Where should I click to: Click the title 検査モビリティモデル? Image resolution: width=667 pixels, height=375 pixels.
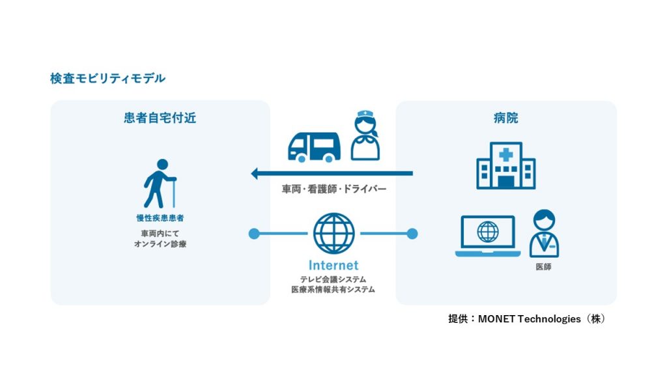pyautogui.click(x=107, y=79)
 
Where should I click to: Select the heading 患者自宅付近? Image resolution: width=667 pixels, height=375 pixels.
pyautogui.click(x=160, y=118)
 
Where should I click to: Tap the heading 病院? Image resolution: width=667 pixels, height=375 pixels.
pyautogui.click(x=505, y=118)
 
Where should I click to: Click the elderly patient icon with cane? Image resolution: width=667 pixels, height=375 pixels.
pyautogui.click(x=160, y=184)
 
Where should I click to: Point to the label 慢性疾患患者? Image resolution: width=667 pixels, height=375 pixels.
pyautogui.click(x=160, y=218)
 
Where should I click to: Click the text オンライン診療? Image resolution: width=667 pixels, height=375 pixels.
pyautogui.click(x=160, y=244)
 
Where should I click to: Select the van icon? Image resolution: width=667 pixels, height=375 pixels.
pyautogui.click(x=314, y=147)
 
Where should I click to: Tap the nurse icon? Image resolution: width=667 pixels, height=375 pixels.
pyautogui.click(x=365, y=135)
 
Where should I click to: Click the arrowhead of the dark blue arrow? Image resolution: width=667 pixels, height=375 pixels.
pyautogui.click(x=255, y=173)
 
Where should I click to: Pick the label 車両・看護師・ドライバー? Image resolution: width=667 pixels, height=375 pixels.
pyautogui.click(x=334, y=189)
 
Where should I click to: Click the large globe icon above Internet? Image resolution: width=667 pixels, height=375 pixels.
pyautogui.click(x=334, y=234)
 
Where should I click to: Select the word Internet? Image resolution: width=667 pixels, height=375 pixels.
pyautogui.click(x=333, y=266)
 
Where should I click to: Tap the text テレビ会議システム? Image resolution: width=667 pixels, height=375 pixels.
pyautogui.click(x=333, y=279)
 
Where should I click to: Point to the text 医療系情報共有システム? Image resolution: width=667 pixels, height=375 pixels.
pyautogui.click(x=333, y=290)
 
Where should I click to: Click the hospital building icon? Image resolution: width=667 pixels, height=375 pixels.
pyautogui.click(x=505, y=165)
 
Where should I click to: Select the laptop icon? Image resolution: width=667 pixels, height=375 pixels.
pyautogui.click(x=488, y=236)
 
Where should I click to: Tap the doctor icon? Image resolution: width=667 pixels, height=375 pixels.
pyautogui.click(x=544, y=234)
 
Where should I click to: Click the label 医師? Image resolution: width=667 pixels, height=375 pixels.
pyautogui.click(x=544, y=267)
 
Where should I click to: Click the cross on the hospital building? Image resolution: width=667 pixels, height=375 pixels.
pyautogui.click(x=505, y=154)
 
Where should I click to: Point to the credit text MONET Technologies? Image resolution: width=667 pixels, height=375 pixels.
pyautogui.click(x=529, y=319)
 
